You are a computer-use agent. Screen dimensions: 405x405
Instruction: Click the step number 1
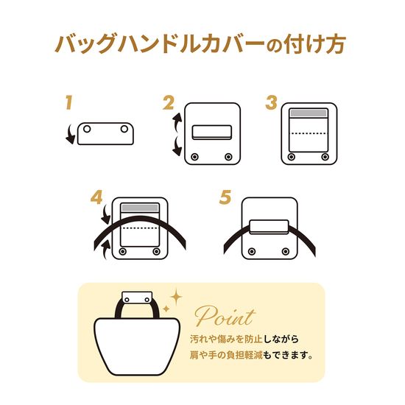click(68, 102)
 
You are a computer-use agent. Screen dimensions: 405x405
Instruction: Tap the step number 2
click(169, 103)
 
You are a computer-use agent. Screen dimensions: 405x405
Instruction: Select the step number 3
click(271, 102)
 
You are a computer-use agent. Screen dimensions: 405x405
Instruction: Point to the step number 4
click(96, 197)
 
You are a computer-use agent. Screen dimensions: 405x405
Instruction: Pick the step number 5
click(225, 197)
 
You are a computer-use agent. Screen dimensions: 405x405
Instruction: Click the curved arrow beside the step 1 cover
click(70, 134)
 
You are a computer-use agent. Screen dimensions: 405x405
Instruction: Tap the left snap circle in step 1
click(87, 129)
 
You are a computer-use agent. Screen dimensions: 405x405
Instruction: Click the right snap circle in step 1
click(124, 129)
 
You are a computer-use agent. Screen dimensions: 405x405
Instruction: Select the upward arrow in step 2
click(177, 122)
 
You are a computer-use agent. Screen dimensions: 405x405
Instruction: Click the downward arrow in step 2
click(177, 147)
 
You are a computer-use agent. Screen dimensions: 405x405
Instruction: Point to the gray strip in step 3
click(309, 113)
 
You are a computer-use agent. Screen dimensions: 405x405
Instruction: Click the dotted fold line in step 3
click(309, 133)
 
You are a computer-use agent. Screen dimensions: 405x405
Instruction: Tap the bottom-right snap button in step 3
click(325, 157)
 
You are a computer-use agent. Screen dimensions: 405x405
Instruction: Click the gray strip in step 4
click(140, 208)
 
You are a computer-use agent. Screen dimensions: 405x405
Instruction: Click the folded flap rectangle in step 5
click(269, 227)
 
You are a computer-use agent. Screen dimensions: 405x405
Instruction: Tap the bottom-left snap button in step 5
click(252, 251)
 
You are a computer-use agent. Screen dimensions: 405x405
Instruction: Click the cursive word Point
click(225, 316)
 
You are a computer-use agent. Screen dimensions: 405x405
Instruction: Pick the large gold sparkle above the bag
click(176, 297)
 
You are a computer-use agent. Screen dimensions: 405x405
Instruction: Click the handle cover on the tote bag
click(137, 298)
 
